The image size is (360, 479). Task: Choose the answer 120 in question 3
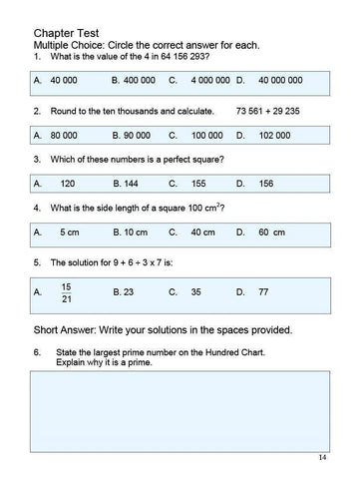68,183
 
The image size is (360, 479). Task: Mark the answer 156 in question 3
266,183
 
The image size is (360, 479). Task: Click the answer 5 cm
69,232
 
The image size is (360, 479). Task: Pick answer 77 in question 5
265,292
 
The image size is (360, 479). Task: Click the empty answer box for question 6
180,407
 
